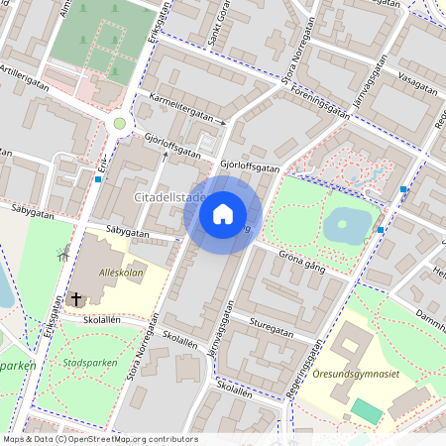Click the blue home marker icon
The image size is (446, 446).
(223, 213)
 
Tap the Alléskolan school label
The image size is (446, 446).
(121, 271)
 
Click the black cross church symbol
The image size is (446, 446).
(76, 298)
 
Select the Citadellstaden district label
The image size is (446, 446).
(168, 197)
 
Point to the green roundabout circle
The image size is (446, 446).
(120, 123)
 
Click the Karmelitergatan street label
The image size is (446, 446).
(180, 110)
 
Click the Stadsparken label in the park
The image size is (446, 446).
(84, 364)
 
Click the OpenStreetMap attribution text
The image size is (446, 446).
(100, 439)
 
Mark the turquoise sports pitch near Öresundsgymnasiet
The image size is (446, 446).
(366, 410)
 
